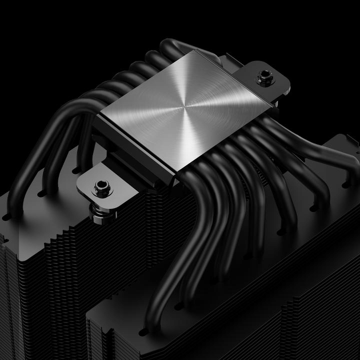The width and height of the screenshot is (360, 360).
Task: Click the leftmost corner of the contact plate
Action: tap(98, 113)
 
